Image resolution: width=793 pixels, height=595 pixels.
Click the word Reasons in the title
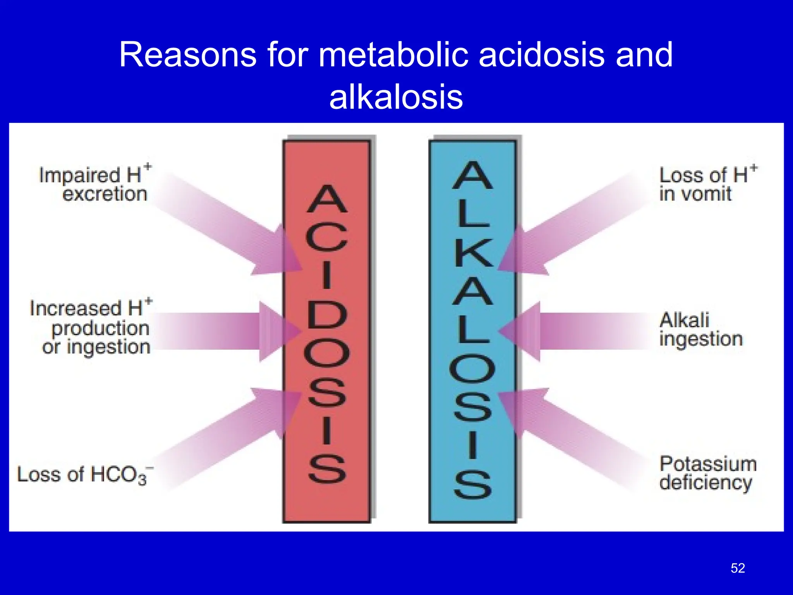click(x=188, y=55)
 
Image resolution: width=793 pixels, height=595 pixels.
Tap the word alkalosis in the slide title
click(x=396, y=97)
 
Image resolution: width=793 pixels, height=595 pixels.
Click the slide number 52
click(x=738, y=568)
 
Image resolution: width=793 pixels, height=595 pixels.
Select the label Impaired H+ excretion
click(x=95, y=184)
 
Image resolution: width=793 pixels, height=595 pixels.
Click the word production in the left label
click(x=100, y=328)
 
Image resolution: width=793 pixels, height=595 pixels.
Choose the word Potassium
click(x=708, y=464)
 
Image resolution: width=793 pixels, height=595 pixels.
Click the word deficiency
click(x=705, y=483)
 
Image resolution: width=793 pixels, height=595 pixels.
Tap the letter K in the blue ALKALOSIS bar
click(x=473, y=253)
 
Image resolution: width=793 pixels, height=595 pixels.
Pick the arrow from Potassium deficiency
click(x=569, y=434)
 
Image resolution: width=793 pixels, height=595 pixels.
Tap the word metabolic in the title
click(x=395, y=55)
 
